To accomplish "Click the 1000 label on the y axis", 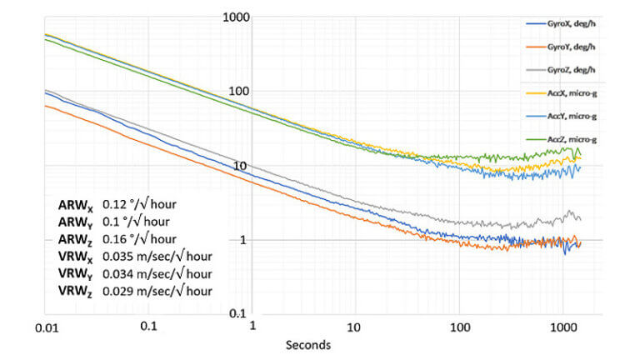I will [x=237, y=17].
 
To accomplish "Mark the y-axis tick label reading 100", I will [x=239, y=91].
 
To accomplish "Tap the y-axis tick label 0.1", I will [x=242, y=313].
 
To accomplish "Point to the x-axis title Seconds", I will [x=305, y=343].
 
